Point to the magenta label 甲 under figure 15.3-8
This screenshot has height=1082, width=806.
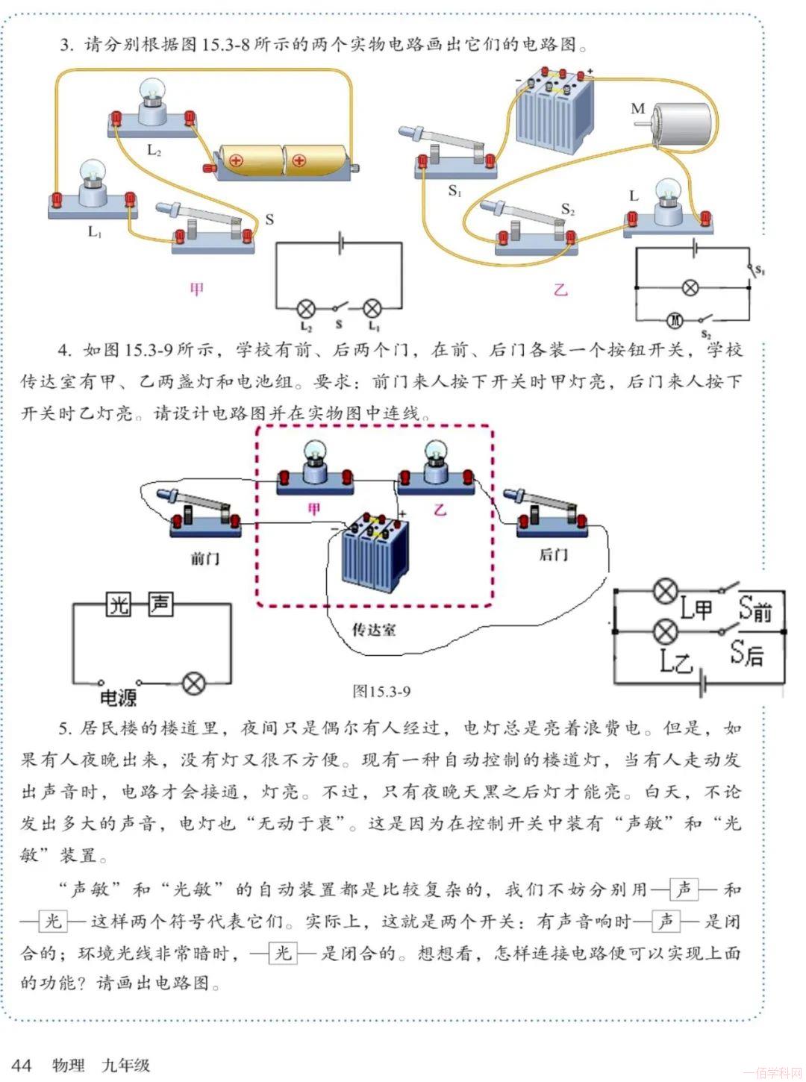196,289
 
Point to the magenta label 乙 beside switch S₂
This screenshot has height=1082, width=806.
560,289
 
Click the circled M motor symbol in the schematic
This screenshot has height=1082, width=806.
675,320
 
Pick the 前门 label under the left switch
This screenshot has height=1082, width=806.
204,557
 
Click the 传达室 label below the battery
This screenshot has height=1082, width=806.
374,629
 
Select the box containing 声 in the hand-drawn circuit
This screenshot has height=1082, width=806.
160,604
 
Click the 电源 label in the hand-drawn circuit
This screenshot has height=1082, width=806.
119,698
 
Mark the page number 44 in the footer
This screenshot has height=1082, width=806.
22,1064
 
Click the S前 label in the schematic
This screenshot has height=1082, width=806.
755,609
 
